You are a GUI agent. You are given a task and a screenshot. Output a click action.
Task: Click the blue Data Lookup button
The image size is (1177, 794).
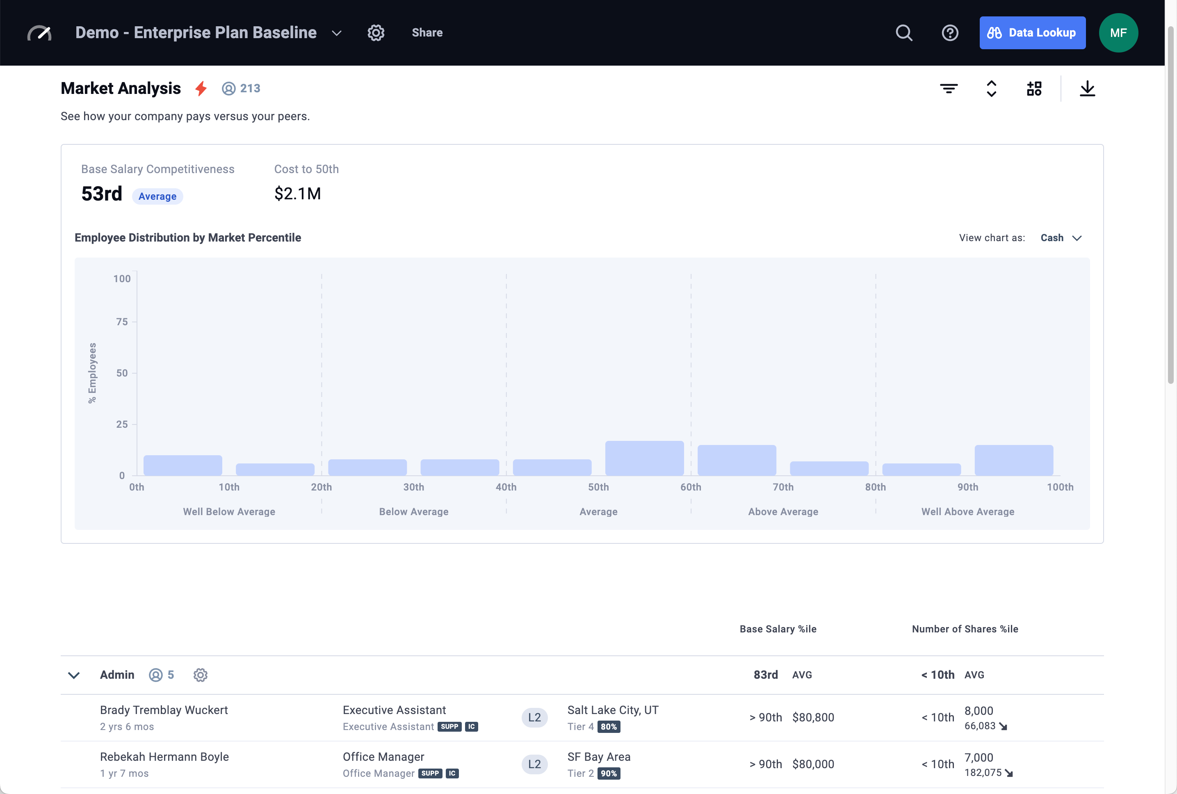click(1032, 33)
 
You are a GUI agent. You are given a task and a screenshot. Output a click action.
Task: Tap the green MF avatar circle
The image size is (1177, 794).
click(1118, 33)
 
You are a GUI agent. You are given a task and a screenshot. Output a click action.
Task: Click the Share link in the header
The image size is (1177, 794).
click(427, 33)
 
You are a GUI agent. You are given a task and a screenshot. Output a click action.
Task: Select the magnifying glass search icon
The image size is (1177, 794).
click(903, 33)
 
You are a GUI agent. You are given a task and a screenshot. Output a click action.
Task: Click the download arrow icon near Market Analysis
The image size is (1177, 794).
click(1087, 89)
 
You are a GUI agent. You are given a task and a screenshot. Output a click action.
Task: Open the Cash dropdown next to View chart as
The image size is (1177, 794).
click(1061, 238)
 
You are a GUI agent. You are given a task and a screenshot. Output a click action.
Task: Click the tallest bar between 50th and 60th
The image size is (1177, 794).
click(644, 458)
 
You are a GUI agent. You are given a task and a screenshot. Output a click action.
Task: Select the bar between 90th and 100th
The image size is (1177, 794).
click(1013, 460)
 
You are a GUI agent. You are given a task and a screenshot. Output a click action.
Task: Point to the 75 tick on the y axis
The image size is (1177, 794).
click(122, 322)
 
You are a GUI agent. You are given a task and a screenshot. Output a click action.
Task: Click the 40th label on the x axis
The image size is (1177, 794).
click(506, 487)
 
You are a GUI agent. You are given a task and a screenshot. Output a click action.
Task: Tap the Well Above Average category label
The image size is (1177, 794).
click(967, 512)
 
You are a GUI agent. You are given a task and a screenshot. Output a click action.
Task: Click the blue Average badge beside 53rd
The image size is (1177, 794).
click(157, 196)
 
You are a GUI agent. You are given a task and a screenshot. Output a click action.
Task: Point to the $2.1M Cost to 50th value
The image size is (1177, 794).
click(298, 194)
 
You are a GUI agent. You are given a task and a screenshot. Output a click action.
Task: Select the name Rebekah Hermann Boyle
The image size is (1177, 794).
click(164, 757)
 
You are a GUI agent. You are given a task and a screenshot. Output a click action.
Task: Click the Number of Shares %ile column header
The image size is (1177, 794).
click(965, 629)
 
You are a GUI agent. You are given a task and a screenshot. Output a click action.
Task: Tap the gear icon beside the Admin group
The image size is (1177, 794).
click(201, 675)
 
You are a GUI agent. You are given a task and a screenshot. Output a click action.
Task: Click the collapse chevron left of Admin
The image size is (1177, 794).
click(74, 675)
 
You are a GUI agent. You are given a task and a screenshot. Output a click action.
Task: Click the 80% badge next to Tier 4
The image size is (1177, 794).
click(609, 727)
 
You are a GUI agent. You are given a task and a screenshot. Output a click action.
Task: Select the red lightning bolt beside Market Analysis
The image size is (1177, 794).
click(201, 89)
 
